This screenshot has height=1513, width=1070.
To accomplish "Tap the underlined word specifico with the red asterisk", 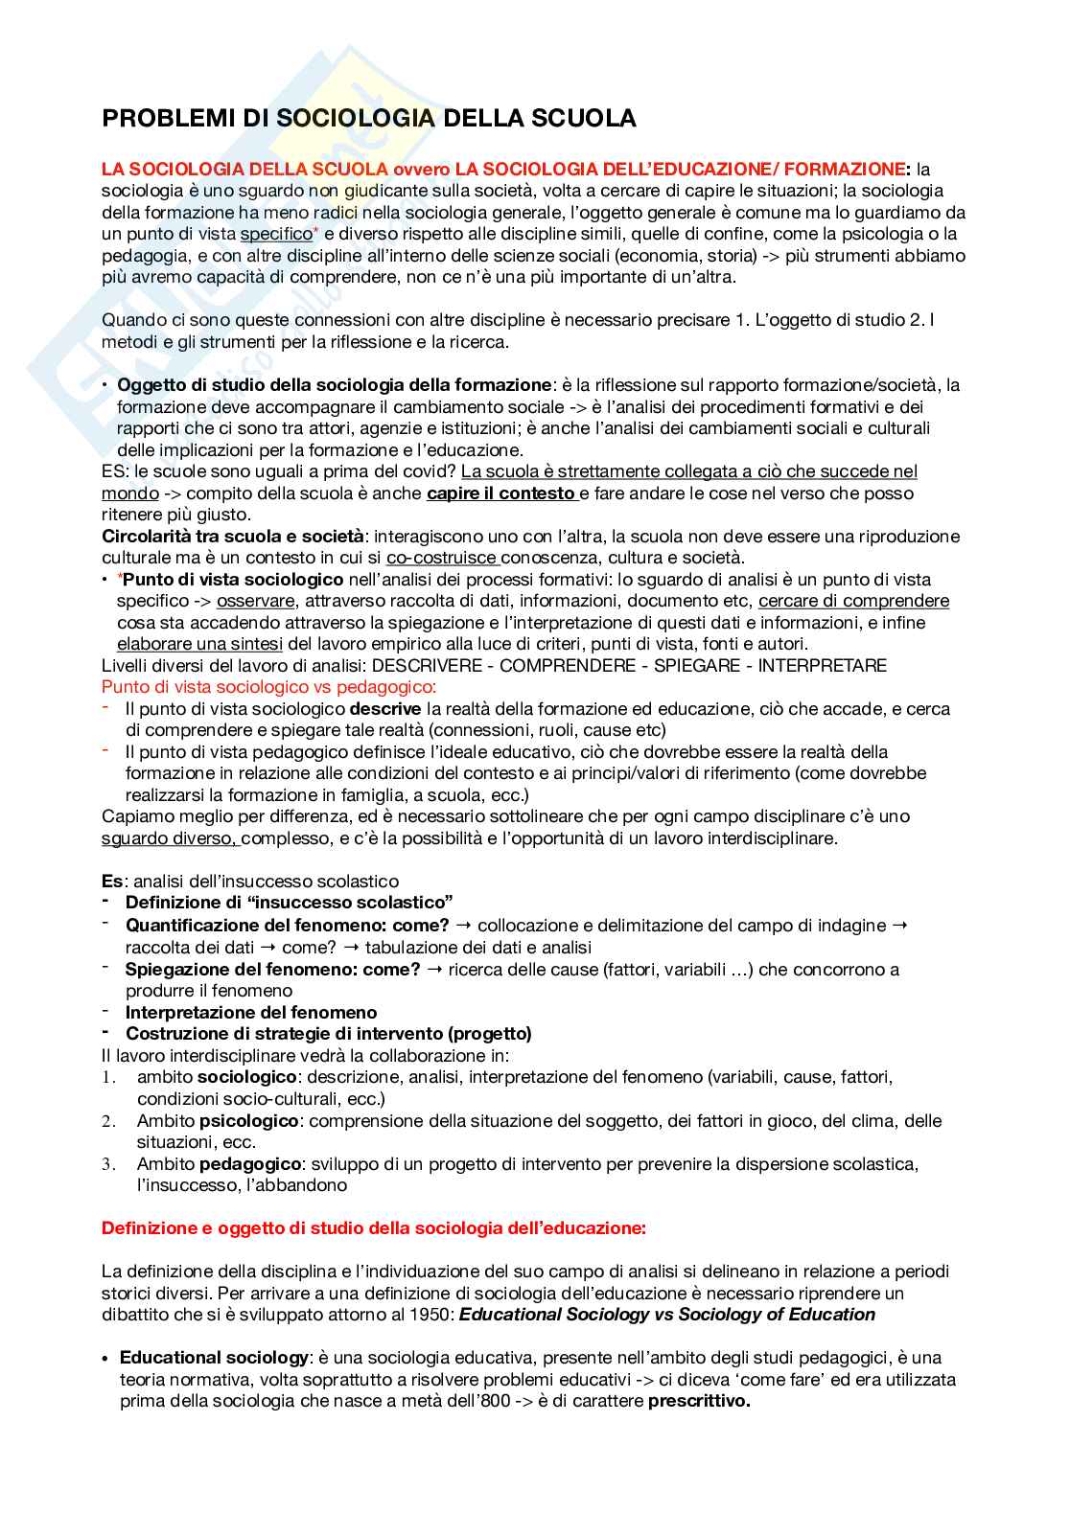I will click(x=276, y=234).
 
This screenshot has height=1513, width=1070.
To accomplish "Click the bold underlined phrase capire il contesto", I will click(x=500, y=493).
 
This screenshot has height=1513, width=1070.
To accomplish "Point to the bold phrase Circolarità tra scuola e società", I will click(x=233, y=537).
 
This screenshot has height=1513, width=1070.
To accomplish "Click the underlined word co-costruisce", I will click(x=442, y=558).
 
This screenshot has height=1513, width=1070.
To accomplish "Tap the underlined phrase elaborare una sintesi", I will click(x=199, y=644).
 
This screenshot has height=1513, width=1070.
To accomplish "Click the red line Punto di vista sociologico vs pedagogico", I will click(x=268, y=687).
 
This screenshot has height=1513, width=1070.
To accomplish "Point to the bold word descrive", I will click(x=384, y=709).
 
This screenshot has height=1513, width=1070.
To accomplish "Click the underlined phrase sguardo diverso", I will click(x=170, y=838).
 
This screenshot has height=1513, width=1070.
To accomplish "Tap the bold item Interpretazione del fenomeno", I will click(x=251, y=1012).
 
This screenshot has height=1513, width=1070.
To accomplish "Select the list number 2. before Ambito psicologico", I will click(x=108, y=1121).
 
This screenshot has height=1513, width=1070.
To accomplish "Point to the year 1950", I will click(x=431, y=1315).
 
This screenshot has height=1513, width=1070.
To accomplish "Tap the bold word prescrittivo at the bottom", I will click(x=699, y=1401).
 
